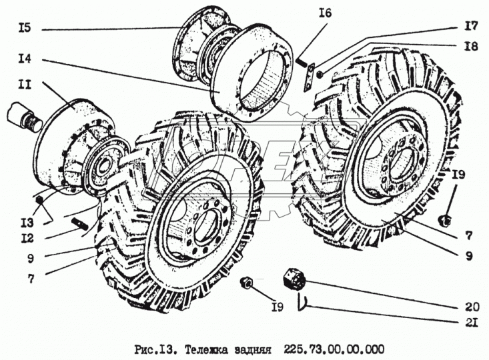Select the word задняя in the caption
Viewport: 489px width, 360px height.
click(x=255, y=349)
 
